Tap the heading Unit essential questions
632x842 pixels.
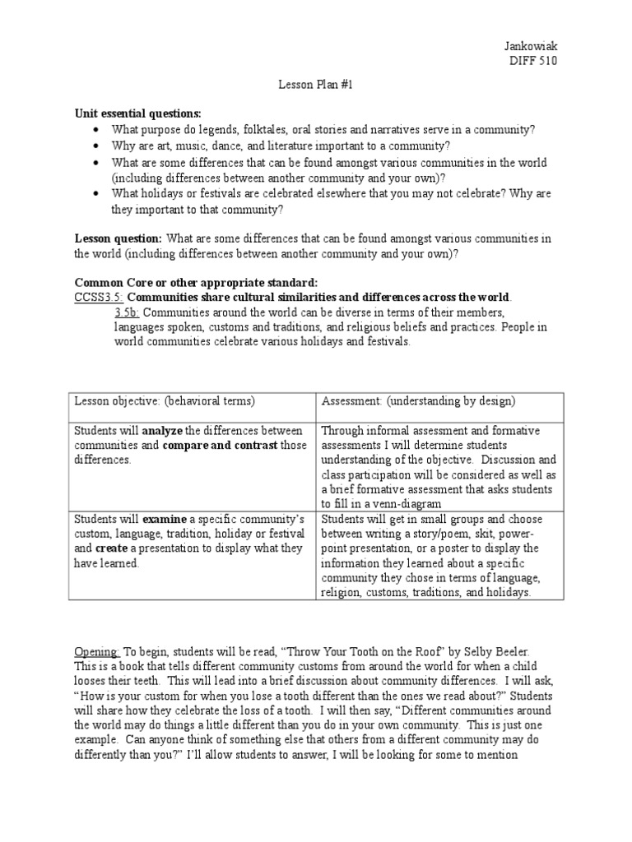(137, 113)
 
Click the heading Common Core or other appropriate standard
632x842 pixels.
(196, 282)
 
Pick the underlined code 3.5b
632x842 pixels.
(128, 312)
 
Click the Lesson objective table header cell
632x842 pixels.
(165, 400)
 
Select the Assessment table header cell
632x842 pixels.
(418, 400)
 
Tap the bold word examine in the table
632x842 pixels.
(165, 519)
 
